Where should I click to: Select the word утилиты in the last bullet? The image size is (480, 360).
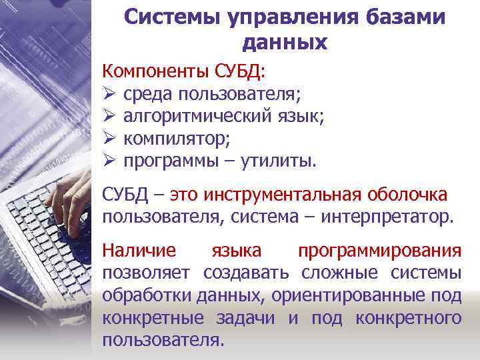point(282,161)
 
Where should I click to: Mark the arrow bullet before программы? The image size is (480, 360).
point(109,161)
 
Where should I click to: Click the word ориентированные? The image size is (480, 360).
point(354,295)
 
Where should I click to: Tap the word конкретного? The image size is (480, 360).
point(408,317)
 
